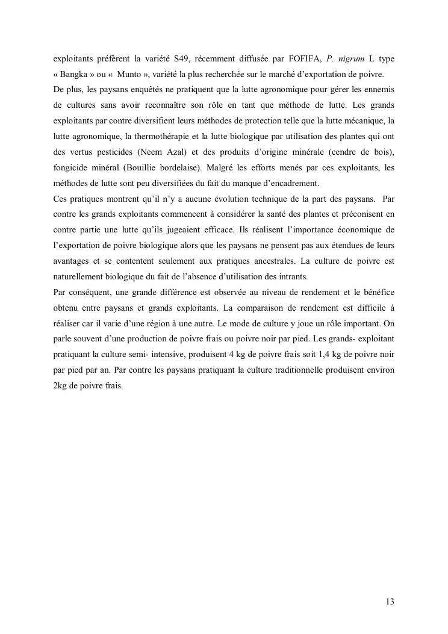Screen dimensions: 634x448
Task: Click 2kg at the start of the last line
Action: pos(60,386)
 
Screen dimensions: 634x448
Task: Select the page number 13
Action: pos(390,601)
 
